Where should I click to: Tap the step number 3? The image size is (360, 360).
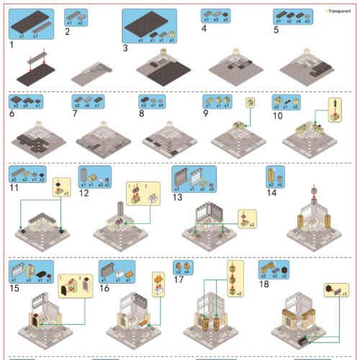coord(125,48)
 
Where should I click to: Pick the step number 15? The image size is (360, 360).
coord(14,288)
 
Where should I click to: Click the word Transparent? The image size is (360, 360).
coord(340,12)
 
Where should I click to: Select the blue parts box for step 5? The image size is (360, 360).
coord(292,17)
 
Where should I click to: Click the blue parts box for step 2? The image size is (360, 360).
coord(76,16)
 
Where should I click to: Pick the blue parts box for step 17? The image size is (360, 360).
coord(182,268)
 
